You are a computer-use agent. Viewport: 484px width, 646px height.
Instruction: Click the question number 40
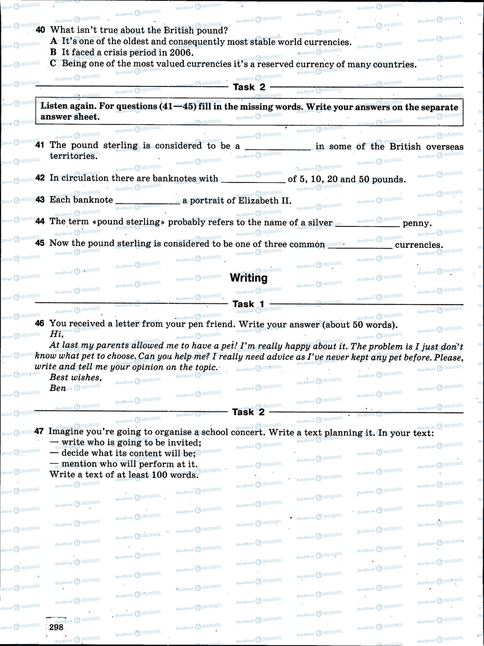coord(40,30)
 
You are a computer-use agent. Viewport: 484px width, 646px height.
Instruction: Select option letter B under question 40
coord(54,52)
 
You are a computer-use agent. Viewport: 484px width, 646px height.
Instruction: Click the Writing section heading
coord(248,278)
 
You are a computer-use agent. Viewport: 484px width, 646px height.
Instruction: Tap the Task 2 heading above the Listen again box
coord(249,87)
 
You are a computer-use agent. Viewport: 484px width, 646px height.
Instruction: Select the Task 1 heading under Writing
coord(248,304)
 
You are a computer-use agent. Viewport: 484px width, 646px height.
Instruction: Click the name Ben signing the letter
coord(58,388)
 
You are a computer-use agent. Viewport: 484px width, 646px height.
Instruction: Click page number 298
coord(57,627)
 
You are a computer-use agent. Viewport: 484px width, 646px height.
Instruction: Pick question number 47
coord(39,431)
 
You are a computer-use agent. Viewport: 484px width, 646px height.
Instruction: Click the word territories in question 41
coord(73,156)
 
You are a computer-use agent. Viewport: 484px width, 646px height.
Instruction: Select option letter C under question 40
coord(54,63)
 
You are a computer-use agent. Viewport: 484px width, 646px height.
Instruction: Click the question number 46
coord(39,323)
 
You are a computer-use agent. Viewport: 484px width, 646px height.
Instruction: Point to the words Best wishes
coord(76,377)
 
